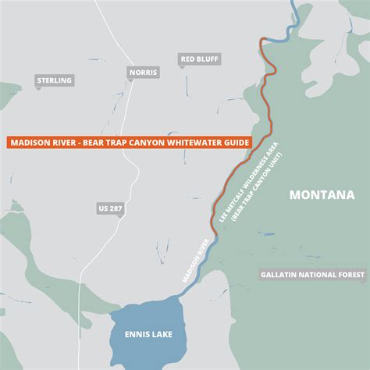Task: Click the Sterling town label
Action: click(54, 80)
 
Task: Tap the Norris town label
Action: click(143, 72)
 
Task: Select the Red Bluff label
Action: click(200, 59)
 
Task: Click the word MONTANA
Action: click(322, 195)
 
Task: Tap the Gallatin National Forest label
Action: click(313, 276)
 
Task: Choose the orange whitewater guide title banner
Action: click(130, 143)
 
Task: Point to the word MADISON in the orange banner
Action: click(30, 143)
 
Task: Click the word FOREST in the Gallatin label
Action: click(349, 276)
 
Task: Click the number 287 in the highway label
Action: click(116, 208)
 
